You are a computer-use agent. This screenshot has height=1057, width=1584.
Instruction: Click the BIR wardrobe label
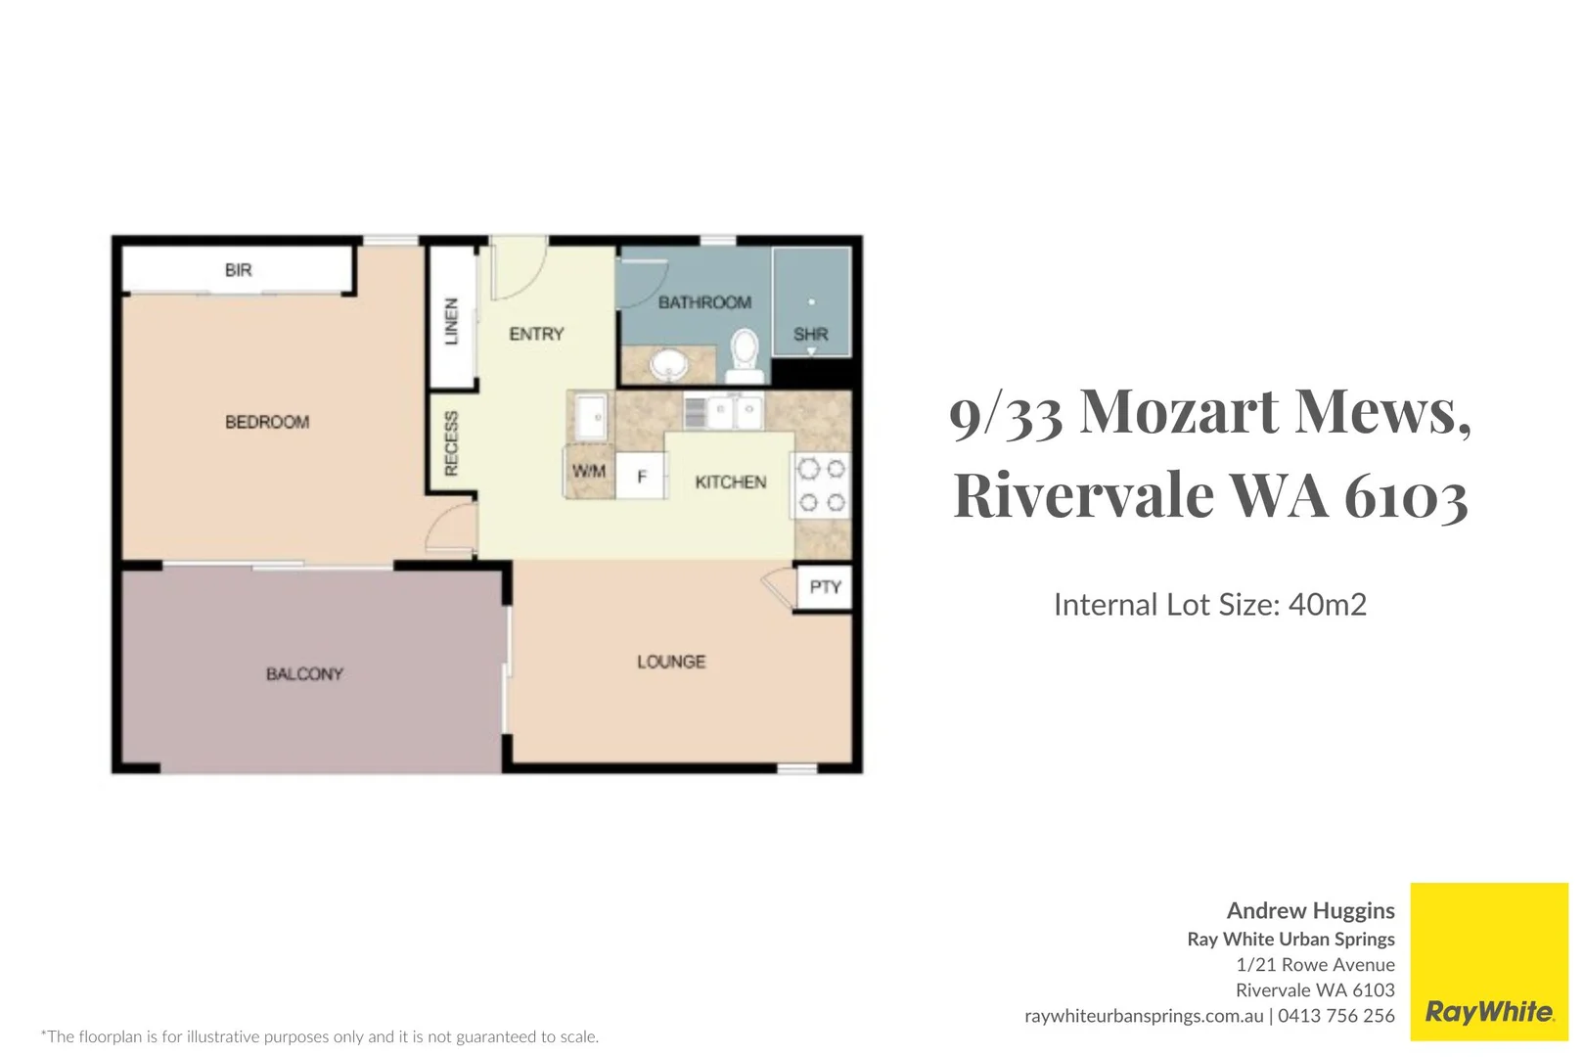(239, 269)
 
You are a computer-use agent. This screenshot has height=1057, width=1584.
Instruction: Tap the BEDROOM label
(267, 423)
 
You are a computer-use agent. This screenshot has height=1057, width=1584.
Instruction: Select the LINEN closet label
(451, 321)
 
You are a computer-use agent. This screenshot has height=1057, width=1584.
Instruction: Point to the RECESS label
(451, 443)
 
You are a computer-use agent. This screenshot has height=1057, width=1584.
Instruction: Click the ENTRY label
(537, 334)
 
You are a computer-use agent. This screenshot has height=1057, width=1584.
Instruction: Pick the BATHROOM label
(705, 302)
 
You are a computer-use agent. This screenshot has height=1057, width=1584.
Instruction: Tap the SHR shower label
(810, 334)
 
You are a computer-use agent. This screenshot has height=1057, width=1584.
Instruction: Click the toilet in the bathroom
(745, 356)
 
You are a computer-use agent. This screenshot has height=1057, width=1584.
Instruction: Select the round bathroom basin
(668, 366)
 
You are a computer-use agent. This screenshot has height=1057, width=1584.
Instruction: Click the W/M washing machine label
(589, 471)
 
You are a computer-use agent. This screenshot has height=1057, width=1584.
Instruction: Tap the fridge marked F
(641, 477)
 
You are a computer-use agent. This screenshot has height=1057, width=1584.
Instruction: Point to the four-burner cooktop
(821, 485)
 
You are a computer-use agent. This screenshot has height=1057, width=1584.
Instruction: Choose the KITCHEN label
(731, 483)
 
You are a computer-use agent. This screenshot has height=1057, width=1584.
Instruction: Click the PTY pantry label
(825, 587)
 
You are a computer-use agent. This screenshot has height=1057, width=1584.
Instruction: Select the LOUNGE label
(671, 663)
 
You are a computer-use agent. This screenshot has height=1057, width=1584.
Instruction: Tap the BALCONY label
(305, 674)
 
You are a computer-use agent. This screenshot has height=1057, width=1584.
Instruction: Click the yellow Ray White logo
(1489, 961)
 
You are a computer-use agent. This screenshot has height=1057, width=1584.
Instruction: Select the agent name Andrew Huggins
(1310, 910)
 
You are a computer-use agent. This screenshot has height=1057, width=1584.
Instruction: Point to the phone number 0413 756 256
(1335, 1016)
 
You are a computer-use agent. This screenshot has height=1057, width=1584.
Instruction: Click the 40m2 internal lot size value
(1328, 605)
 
